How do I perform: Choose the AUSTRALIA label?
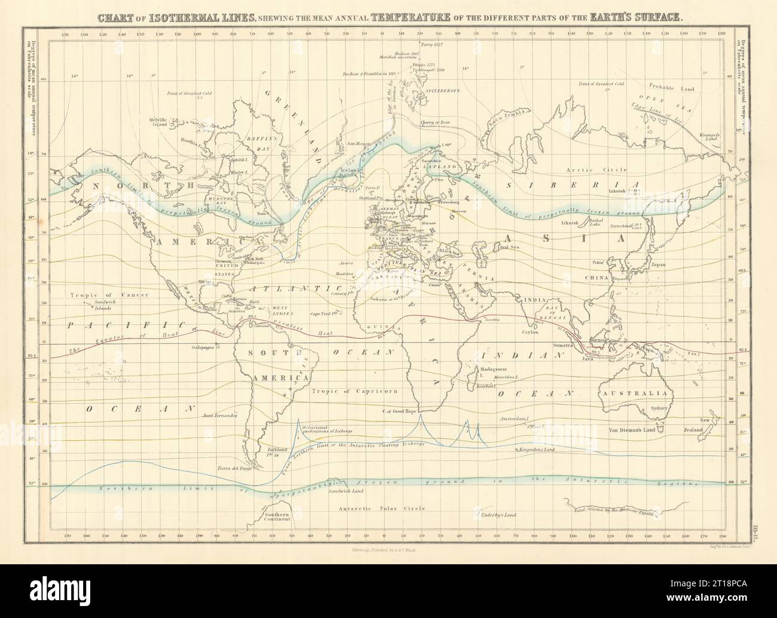tap(637, 394)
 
